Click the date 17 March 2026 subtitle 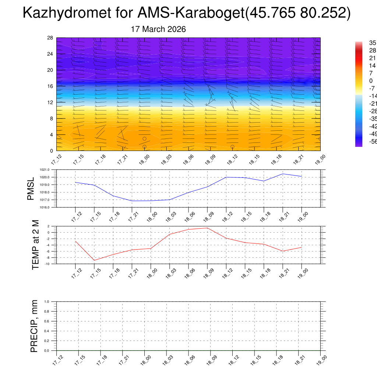158,29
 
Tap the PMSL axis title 32,188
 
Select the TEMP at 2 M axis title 35,244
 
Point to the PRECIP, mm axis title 34,326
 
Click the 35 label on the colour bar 373,43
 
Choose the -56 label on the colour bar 373,142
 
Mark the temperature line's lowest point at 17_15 94,260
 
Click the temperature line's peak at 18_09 207,228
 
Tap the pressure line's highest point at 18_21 283,174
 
